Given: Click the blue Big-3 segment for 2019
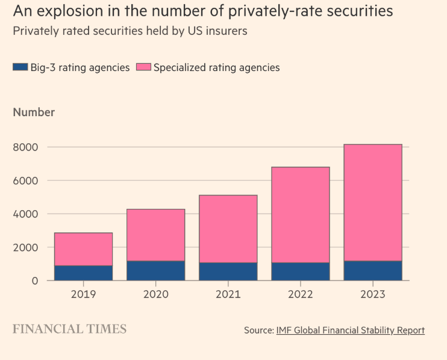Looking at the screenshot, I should [83, 273].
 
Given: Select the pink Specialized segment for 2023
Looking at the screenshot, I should [373, 202].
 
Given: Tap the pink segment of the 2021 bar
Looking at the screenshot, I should [228, 229].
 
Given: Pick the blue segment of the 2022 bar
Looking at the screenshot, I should [300, 272].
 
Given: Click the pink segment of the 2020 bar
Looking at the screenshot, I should [155, 235].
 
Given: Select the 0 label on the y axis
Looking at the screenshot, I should [34, 281].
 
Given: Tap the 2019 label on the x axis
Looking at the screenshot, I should [83, 295].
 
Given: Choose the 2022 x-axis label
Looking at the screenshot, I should [300, 295].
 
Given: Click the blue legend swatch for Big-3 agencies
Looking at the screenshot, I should [20, 67].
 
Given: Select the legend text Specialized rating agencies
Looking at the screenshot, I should [216, 67].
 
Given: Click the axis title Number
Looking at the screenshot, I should [34, 112].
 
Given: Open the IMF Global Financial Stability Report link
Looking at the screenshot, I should [350, 331].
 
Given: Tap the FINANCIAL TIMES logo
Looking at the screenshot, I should [70, 329].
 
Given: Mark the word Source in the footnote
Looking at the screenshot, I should [258, 331].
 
